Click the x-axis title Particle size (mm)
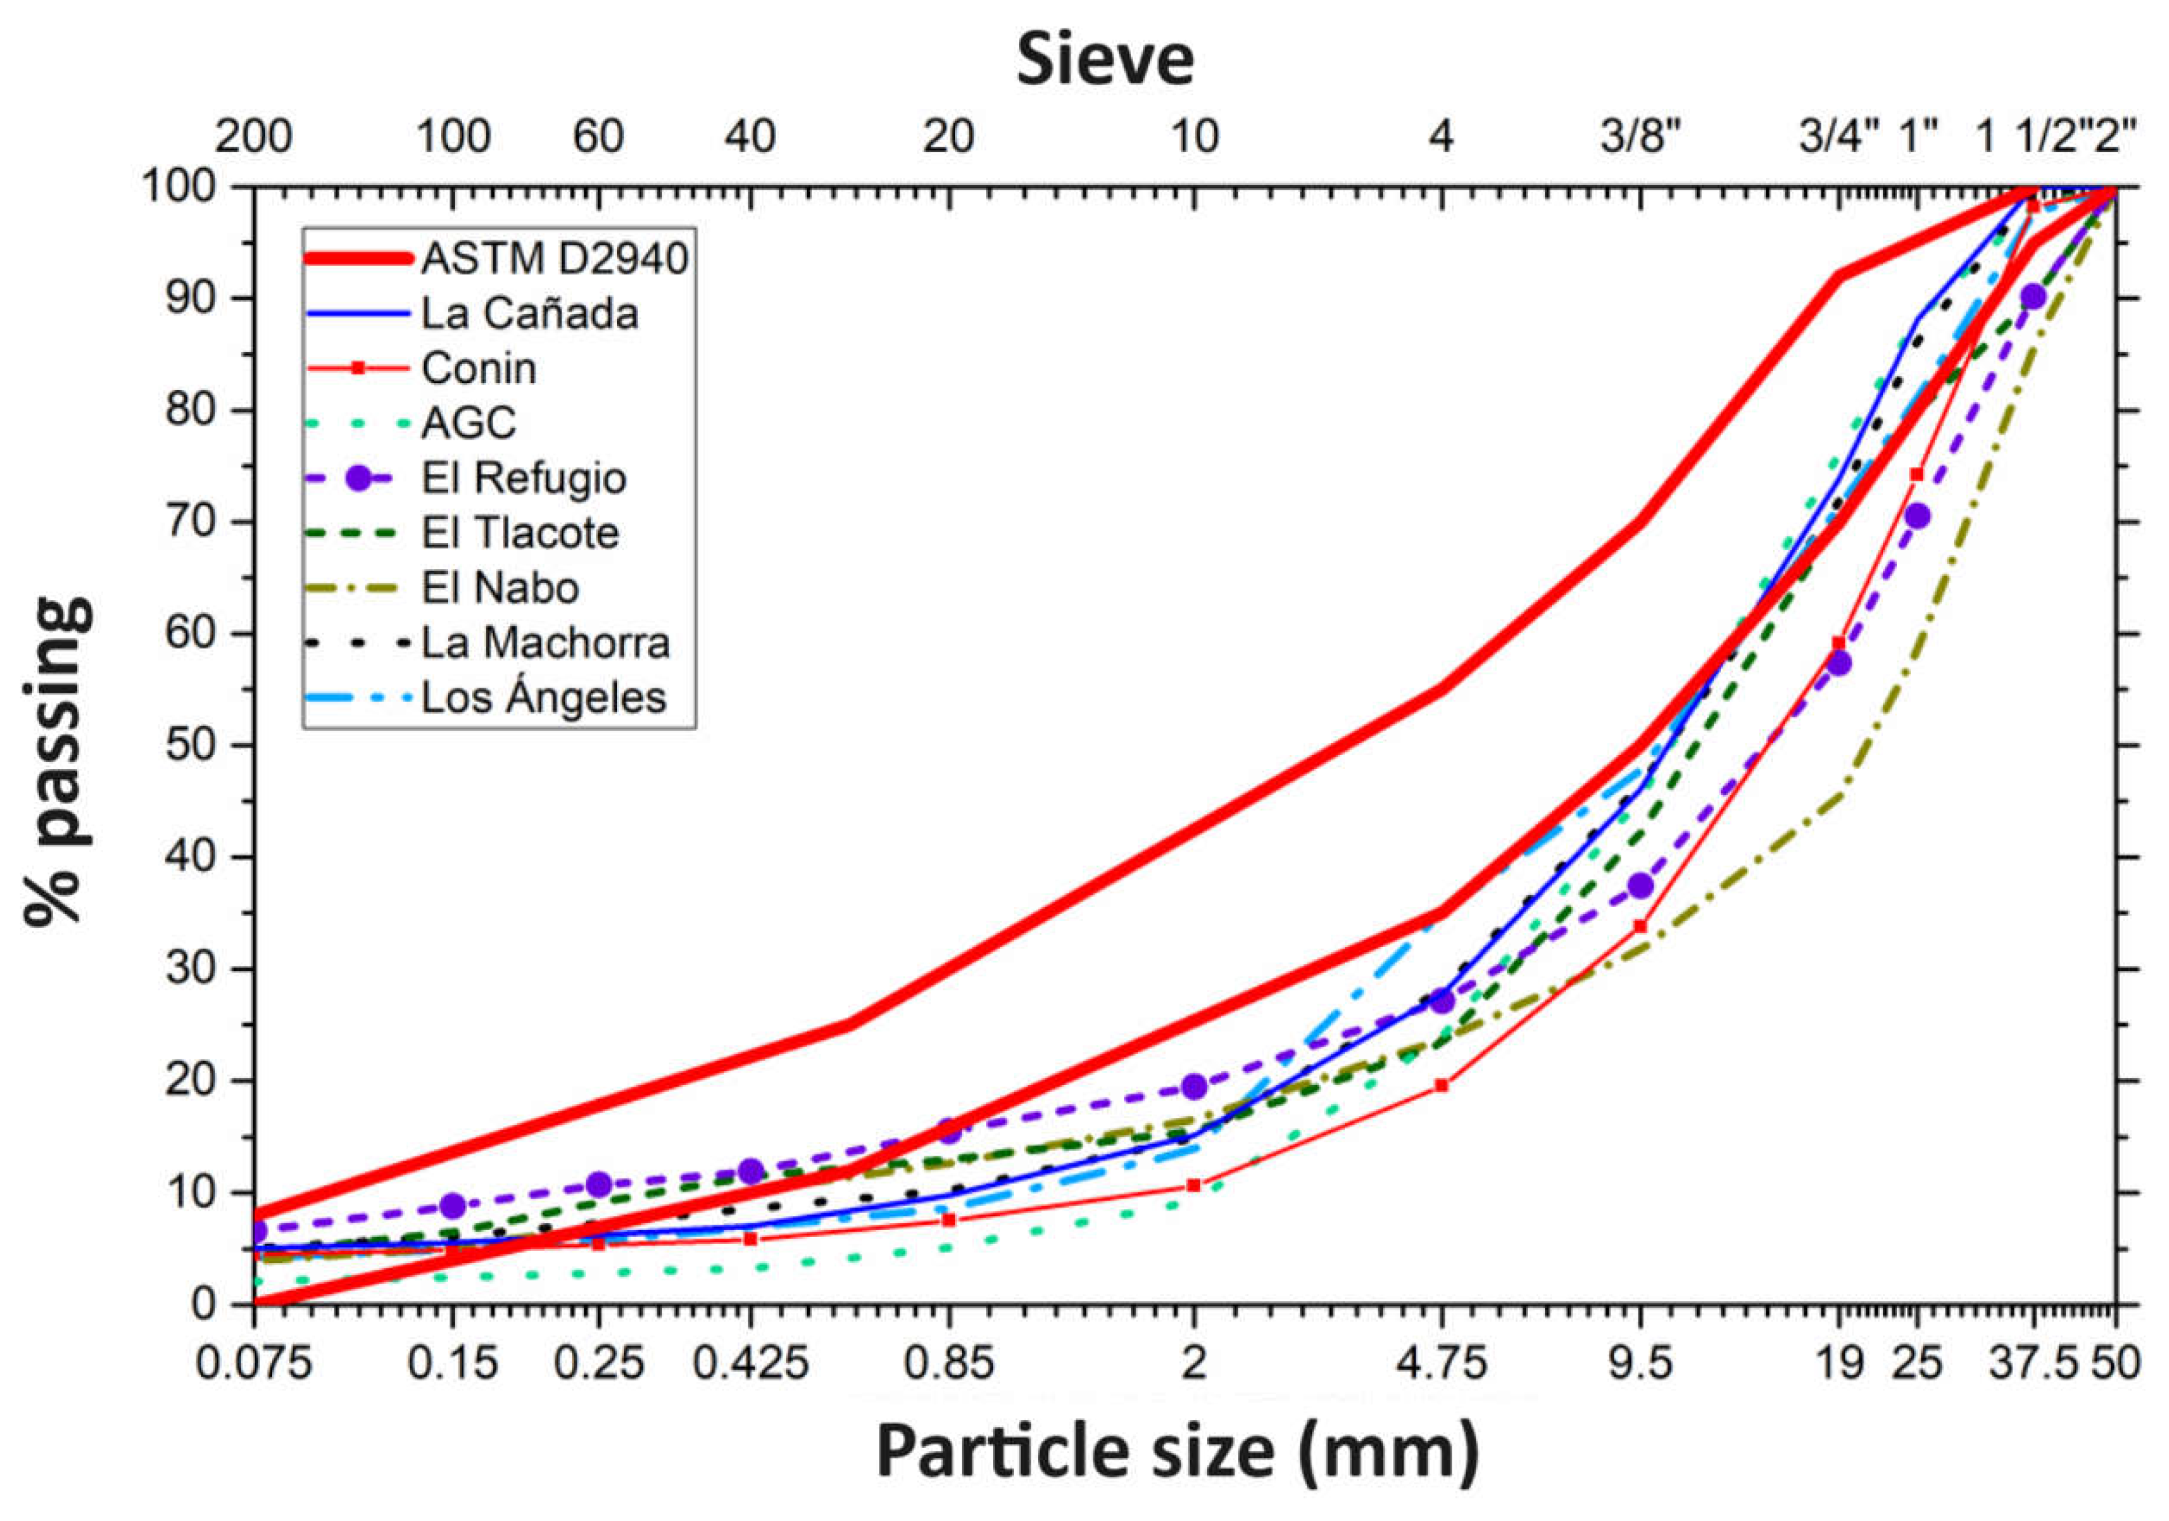(x=1177, y=1451)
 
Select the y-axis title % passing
(x=59, y=761)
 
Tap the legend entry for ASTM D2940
(x=553, y=258)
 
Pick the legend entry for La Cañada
(x=529, y=314)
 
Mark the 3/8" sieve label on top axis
(x=1642, y=138)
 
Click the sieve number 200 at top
(x=253, y=138)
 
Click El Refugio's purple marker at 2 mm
(x=1194, y=1086)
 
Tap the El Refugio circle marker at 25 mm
(x=1917, y=516)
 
